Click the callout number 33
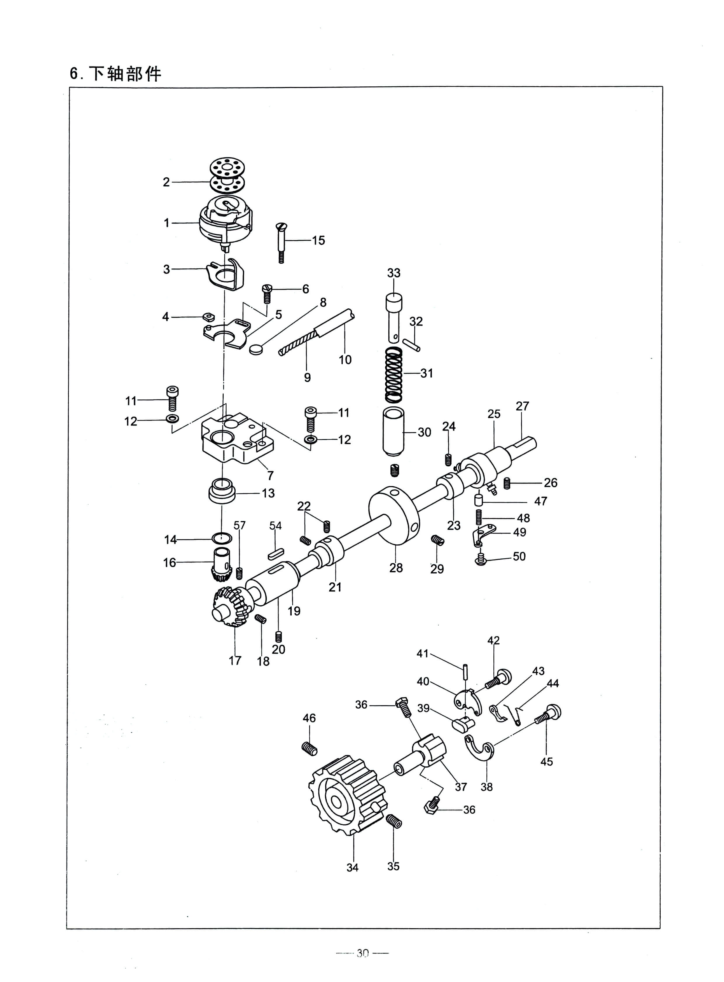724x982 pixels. (x=394, y=273)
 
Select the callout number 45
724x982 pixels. (x=547, y=761)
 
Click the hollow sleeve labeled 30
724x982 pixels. (x=394, y=431)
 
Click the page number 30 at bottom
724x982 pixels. (x=363, y=953)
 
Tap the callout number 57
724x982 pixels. (x=240, y=525)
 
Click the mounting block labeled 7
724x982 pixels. (x=237, y=438)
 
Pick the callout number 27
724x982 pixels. (x=522, y=406)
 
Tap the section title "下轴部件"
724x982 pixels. (x=125, y=74)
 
